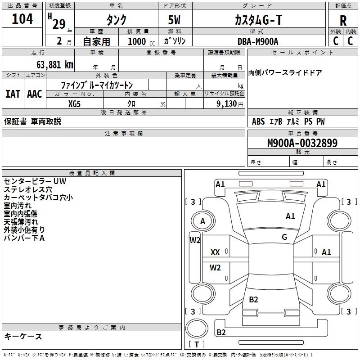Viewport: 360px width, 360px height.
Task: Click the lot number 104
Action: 22,20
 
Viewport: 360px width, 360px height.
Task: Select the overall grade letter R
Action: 343,21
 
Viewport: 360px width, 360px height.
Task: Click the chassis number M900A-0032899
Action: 302,144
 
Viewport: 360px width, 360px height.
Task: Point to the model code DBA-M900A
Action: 258,41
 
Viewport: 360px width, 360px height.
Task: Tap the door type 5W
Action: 176,20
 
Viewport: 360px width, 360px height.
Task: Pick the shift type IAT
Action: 13,94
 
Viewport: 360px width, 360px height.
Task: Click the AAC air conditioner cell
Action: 34,94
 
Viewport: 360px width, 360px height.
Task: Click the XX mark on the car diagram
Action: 215,252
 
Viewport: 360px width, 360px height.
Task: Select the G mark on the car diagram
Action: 284,237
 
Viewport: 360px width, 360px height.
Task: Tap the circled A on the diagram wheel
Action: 202,221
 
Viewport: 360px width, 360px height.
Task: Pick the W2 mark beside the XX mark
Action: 216,268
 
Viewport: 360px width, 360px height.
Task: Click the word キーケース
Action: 23,336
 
